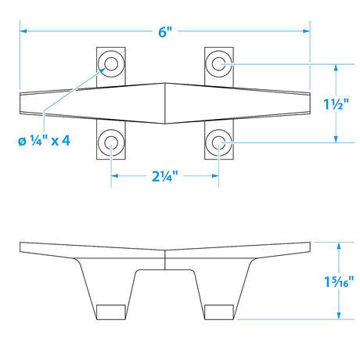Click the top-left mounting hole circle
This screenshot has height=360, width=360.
pos(110,63)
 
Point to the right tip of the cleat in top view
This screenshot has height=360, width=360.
pos(309,103)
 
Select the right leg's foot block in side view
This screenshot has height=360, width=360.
pos(218,311)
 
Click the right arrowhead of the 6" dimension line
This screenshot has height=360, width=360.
pos(308,31)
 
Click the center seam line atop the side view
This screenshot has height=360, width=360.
pos(165,254)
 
